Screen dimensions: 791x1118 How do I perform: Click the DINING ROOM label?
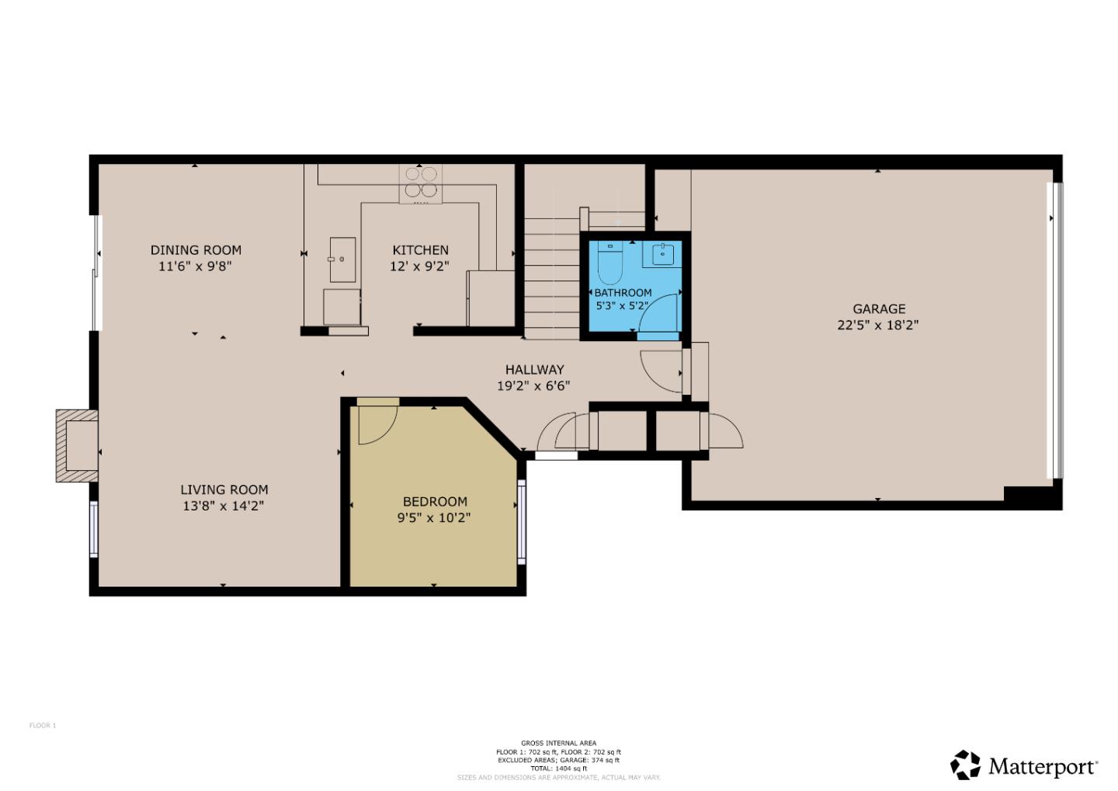pos(196,249)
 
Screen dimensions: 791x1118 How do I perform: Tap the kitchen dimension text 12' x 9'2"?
pos(419,266)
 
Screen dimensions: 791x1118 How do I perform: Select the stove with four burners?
pos(420,183)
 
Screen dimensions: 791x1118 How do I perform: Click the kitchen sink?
pos(342,260)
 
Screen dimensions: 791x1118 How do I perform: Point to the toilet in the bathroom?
pos(610,263)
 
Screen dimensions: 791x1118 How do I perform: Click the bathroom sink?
pos(663,253)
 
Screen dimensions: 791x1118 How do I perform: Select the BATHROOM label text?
pos(623,293)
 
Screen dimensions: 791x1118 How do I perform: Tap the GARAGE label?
pos(879,308)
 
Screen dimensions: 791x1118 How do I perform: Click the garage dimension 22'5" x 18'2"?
pos(877,326)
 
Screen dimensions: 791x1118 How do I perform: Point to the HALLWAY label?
pos(534,370)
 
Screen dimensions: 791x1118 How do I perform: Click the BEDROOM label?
pos(435,501)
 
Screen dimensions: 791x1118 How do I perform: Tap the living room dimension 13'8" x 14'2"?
pos(224,506)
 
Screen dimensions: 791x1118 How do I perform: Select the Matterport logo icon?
pos(966,765)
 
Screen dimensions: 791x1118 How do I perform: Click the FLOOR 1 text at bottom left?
pos(43,726)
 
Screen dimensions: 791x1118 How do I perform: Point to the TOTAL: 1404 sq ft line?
pos(558,768)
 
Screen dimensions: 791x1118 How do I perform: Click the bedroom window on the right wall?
pos(522,521)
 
